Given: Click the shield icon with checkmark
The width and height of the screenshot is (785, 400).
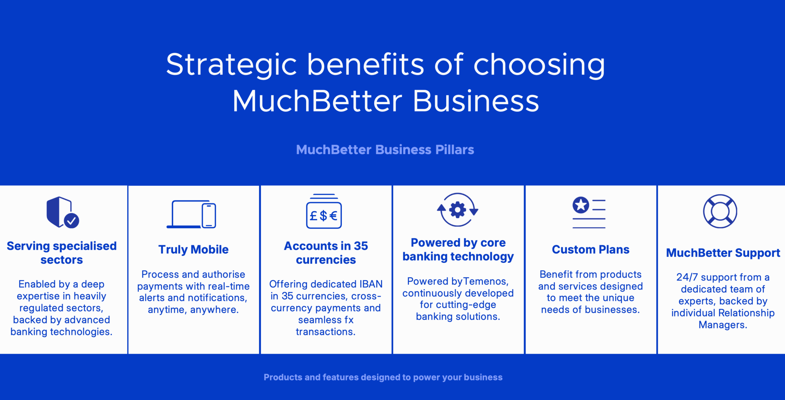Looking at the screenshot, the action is click(62, 212).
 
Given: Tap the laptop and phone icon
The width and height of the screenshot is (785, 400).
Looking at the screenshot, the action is click(191, 214).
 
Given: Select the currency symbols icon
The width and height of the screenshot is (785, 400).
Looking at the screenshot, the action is click(324, 211).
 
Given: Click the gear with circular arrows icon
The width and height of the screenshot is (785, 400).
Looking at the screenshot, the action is click(458, 210).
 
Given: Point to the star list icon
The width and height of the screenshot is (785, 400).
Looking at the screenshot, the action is click(589, 212).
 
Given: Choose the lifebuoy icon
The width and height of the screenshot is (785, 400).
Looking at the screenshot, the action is click(720, 211).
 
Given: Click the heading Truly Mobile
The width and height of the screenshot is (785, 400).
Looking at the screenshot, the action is click(194, 250).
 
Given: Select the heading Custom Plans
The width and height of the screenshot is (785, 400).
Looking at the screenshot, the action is click(591, 250).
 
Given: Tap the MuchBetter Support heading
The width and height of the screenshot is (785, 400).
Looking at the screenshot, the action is click(723, 253).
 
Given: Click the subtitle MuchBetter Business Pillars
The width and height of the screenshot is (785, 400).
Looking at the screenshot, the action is click(385, 149).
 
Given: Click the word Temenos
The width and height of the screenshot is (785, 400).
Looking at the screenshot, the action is click(486, 282).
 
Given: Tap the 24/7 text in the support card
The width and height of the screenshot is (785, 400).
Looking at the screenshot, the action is click(687, 277).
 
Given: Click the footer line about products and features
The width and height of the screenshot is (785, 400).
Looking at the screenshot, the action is click(383, 377).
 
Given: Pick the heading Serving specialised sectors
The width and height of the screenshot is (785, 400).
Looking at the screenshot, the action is click(62, 253).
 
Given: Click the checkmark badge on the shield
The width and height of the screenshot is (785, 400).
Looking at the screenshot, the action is click(71, 221).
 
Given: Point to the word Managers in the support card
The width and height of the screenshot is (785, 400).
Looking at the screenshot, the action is click(723, 325).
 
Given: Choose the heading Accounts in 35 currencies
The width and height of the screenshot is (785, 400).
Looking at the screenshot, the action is click(326, 253).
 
